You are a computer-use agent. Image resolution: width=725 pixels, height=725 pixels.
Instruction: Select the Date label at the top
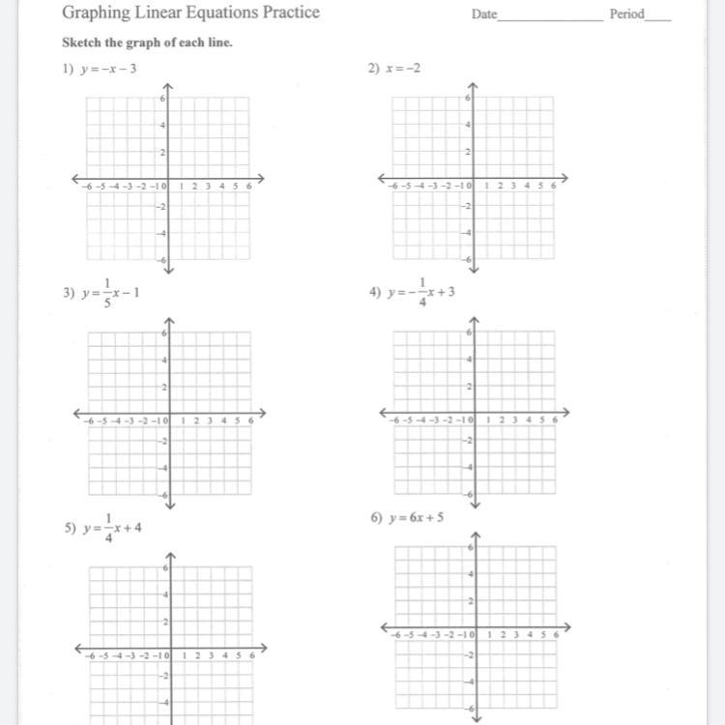click(484, 14)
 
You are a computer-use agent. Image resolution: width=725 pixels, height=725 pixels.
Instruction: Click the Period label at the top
click(626, 14)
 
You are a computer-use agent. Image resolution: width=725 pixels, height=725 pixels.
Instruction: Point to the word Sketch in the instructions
click(81, 43)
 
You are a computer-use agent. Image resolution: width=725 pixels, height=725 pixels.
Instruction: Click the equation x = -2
click(406, 69)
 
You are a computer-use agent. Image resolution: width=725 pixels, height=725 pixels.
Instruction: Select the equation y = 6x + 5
click(416, 518)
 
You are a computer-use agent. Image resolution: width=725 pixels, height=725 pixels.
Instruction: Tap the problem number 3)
click(69, 290)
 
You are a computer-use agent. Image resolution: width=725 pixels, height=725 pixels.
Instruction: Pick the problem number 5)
click(71, 529)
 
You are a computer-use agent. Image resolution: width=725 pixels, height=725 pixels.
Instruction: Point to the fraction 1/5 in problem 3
click(107, 290)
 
